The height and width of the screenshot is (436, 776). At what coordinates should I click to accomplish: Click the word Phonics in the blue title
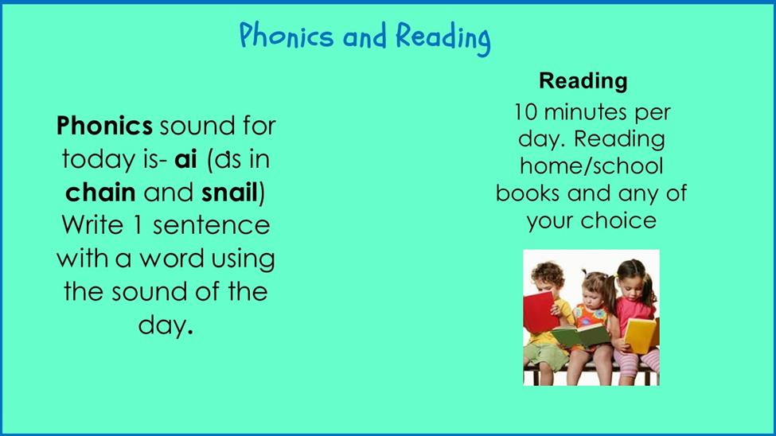tap(287, 35)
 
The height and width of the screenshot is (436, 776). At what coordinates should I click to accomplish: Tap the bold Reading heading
tap(583, 80)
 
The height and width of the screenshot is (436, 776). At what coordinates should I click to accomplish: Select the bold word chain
tap(100, 192)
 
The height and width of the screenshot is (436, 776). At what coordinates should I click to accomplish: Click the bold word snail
tap(230, 192)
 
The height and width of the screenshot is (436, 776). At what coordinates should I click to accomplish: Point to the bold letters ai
tap(185, 159)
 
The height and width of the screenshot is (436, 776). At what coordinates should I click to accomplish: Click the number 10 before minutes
tap(525, 112)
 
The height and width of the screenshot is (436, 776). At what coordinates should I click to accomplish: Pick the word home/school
tap(591, 165)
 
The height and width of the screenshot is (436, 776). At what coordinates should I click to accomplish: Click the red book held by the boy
tap(540, 313)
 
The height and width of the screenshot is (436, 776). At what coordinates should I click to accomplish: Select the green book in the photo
tap(581, 336)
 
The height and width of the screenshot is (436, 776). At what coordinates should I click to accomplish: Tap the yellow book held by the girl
tap(641, 334)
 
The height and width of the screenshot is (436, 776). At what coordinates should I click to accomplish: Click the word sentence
tap(212, 226)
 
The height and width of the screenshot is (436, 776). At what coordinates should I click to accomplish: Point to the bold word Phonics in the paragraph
tap(104, 126)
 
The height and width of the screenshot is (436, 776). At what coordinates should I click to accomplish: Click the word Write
tap(92, 225)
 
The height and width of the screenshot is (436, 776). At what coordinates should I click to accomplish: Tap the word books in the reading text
tap(528, 193)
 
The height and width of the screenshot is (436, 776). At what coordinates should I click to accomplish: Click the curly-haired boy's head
tap(548, 278)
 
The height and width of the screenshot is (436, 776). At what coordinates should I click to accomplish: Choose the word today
tap(97, 160)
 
